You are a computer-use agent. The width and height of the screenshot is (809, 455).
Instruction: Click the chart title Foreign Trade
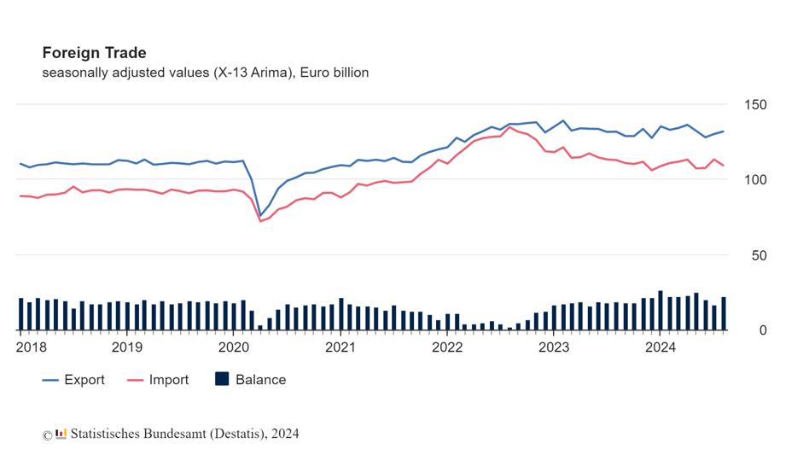click(x=95, y=53)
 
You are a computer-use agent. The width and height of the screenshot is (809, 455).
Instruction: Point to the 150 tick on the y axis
click(x=755, y=105)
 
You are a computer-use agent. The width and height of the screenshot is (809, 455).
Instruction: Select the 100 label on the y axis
click(x=755, y=180)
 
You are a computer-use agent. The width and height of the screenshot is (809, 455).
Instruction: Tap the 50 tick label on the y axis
click(x=759, y=255)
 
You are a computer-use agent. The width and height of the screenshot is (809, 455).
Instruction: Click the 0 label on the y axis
click(x=763, y=330)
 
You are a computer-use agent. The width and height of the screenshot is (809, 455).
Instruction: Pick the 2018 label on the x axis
click(x=32, y=347)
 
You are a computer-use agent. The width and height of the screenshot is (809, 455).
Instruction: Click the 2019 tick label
click(x=127, y=347)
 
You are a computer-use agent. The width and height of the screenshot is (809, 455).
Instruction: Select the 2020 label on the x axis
click(x=234, y=347)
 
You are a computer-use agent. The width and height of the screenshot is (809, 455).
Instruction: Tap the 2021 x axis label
click(x=340, y=347)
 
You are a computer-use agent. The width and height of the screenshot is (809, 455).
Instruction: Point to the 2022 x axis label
click(x=447, y=347)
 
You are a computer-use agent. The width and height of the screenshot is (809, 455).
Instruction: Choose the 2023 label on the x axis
click(x=554, y=347)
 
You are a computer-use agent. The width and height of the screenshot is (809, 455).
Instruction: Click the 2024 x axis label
click(x=661, y=347)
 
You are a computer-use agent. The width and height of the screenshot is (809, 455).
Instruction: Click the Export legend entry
click(x=73, y=380)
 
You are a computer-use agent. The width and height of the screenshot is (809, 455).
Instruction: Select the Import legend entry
click(x=158, y=380)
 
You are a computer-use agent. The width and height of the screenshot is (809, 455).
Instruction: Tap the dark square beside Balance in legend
click(x=222, y=379)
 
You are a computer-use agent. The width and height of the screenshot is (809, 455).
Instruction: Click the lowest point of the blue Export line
click(x=260, y=216)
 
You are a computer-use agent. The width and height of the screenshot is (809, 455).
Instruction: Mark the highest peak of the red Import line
click(x=509, y=127)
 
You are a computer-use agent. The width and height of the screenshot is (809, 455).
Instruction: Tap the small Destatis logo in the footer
click(x=61, y=434)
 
